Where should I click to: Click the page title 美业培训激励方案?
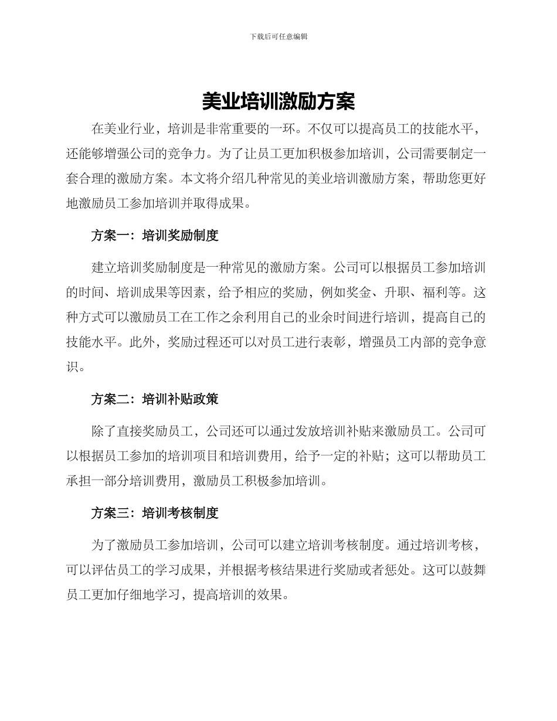[x=278, y=101]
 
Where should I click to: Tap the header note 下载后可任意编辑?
[x=278, y=36]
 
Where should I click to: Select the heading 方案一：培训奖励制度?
[x=155, y=236]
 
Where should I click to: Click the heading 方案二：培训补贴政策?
[x=155, y=399]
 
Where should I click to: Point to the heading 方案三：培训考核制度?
[x=155, y=513]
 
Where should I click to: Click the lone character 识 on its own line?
[x=72, y=368]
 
